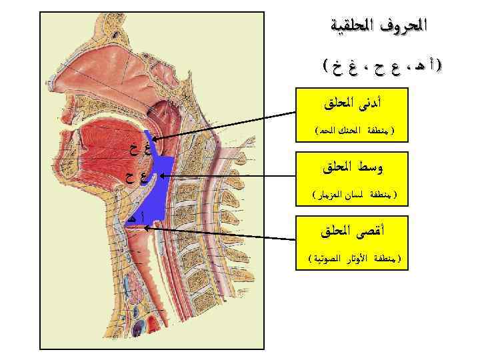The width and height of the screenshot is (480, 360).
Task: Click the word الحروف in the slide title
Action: coord(405,27)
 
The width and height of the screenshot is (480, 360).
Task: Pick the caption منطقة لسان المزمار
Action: coord(353,194)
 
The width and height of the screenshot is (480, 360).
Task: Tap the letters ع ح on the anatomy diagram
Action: coord(137,177)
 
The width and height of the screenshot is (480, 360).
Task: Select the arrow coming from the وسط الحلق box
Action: coord(227,177)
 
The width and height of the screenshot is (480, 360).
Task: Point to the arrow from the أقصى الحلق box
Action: coord(220,233)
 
